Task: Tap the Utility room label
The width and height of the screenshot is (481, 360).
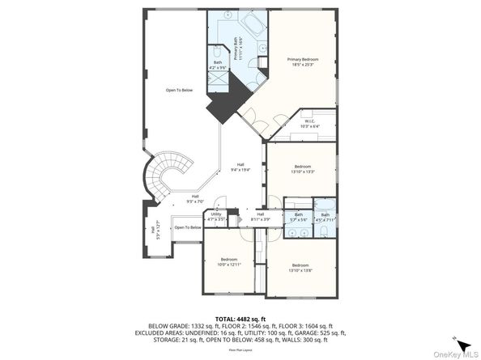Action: (x=215, y=216)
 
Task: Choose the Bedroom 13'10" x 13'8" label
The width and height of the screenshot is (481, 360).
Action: (x=300, y=266)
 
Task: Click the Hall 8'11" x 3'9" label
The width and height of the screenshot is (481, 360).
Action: (x=261, y=216)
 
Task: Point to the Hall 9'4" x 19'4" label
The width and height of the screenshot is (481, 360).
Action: (x=240, y=167)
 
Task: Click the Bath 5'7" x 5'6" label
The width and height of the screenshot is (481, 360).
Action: (x=299, y=217)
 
